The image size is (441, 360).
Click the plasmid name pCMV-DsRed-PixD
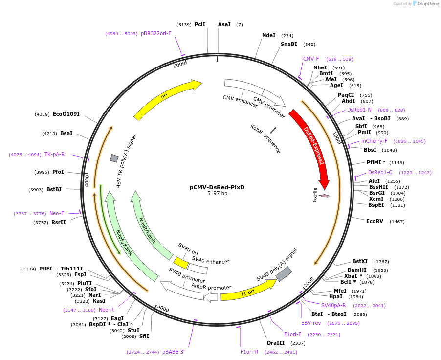[217, 187]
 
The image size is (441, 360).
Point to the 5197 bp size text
[217, 194]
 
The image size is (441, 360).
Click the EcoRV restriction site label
[375, 221]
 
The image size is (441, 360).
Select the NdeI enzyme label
[268, 35]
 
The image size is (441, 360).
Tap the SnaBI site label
[288, 44]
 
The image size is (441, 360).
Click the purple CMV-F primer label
[311, 59]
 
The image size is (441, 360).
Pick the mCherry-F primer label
[375, 141]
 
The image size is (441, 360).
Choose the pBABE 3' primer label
[173, 352]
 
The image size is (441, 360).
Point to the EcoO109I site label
[66, 114]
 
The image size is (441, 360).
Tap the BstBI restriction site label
[54, 189]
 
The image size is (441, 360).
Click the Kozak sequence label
[265, 138]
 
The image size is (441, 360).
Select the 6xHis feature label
[315, 198]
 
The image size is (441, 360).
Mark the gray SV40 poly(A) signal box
[284, 274]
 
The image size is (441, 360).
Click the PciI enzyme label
[200, 24]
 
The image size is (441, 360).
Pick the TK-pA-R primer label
[54, 154]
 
